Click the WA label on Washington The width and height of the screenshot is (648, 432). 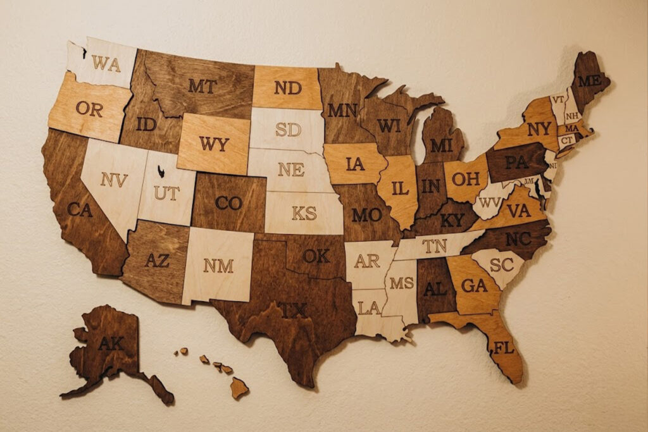[106, 63]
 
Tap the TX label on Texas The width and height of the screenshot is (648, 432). [292, 310]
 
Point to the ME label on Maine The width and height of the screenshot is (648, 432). [589, 80]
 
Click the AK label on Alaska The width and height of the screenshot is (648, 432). [111, 343]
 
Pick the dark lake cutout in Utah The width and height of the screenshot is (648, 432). [161, 170]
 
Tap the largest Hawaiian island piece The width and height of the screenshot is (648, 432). [239, 387]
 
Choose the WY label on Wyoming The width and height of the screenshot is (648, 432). [214, 144]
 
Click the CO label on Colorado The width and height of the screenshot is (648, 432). [228, 203]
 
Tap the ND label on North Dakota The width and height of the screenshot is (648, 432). [288, 88]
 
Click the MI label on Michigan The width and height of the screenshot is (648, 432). [441, 145]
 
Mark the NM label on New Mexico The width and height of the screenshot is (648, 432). [218, 266]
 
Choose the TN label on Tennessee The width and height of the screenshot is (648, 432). [435, 245]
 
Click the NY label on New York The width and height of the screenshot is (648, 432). [539, 128]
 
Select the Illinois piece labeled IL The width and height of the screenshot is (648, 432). [400, 188]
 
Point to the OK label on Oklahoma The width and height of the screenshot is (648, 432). [316, 256]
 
